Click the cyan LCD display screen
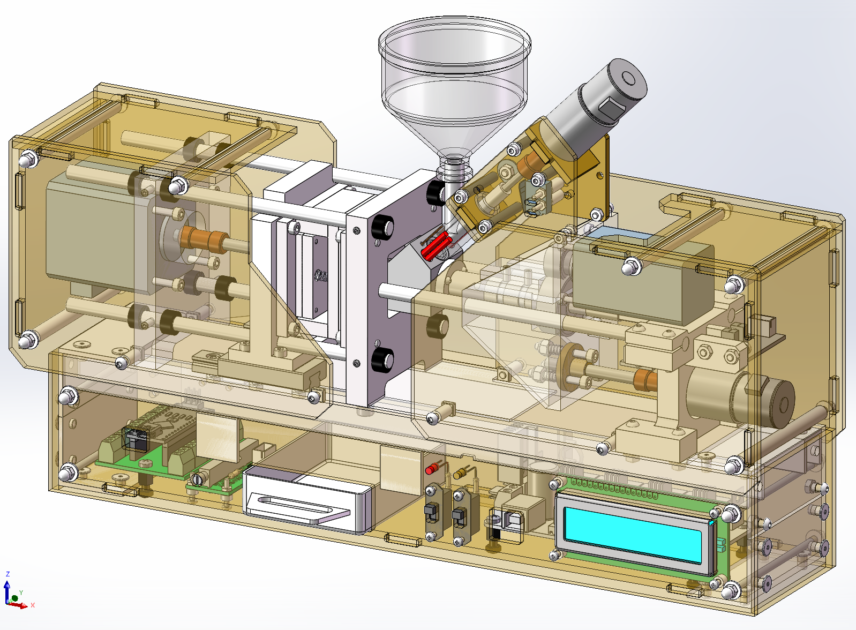633,535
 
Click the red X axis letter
33,605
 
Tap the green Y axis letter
21,592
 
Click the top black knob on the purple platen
382,227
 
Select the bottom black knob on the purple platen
382,359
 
